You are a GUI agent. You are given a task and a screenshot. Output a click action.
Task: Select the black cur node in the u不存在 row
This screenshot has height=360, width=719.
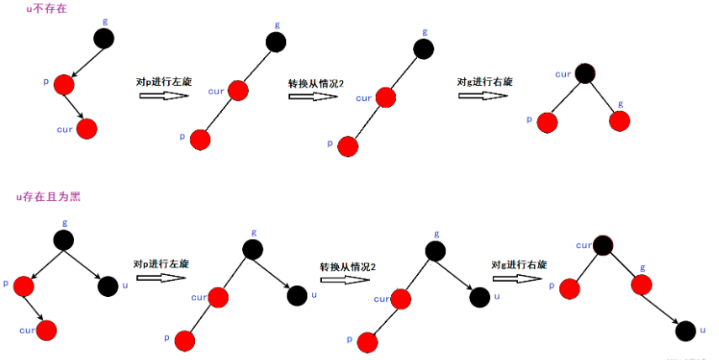coord(585,74)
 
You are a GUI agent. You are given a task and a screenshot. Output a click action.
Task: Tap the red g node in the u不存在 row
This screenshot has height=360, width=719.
coord(620,121)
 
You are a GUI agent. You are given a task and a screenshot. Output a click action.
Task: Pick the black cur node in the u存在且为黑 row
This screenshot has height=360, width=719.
coord(602,246)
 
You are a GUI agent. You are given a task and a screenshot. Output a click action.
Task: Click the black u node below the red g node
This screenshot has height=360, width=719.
coord(686,331)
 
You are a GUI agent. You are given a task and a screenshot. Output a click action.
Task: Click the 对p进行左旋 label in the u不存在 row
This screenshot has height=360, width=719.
coord(163,82)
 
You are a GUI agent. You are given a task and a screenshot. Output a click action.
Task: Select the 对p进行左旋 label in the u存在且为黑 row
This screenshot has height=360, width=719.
coord(161,263)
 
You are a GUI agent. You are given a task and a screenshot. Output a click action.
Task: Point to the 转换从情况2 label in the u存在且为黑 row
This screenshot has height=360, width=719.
coord(347,266)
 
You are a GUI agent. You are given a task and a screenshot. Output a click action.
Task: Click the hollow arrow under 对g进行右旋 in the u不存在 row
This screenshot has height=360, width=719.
coord(483,96)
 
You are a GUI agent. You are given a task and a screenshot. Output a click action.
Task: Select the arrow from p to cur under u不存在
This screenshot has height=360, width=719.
coord(76,107)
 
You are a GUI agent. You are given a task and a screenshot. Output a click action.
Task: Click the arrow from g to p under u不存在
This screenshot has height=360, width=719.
coord(83,61)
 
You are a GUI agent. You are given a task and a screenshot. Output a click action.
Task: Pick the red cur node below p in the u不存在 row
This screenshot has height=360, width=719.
coord(87,129)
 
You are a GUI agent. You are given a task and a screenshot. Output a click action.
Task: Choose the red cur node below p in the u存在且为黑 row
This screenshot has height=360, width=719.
coord(46,330)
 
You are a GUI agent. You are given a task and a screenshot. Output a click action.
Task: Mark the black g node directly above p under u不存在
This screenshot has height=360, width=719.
coord(103,38)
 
